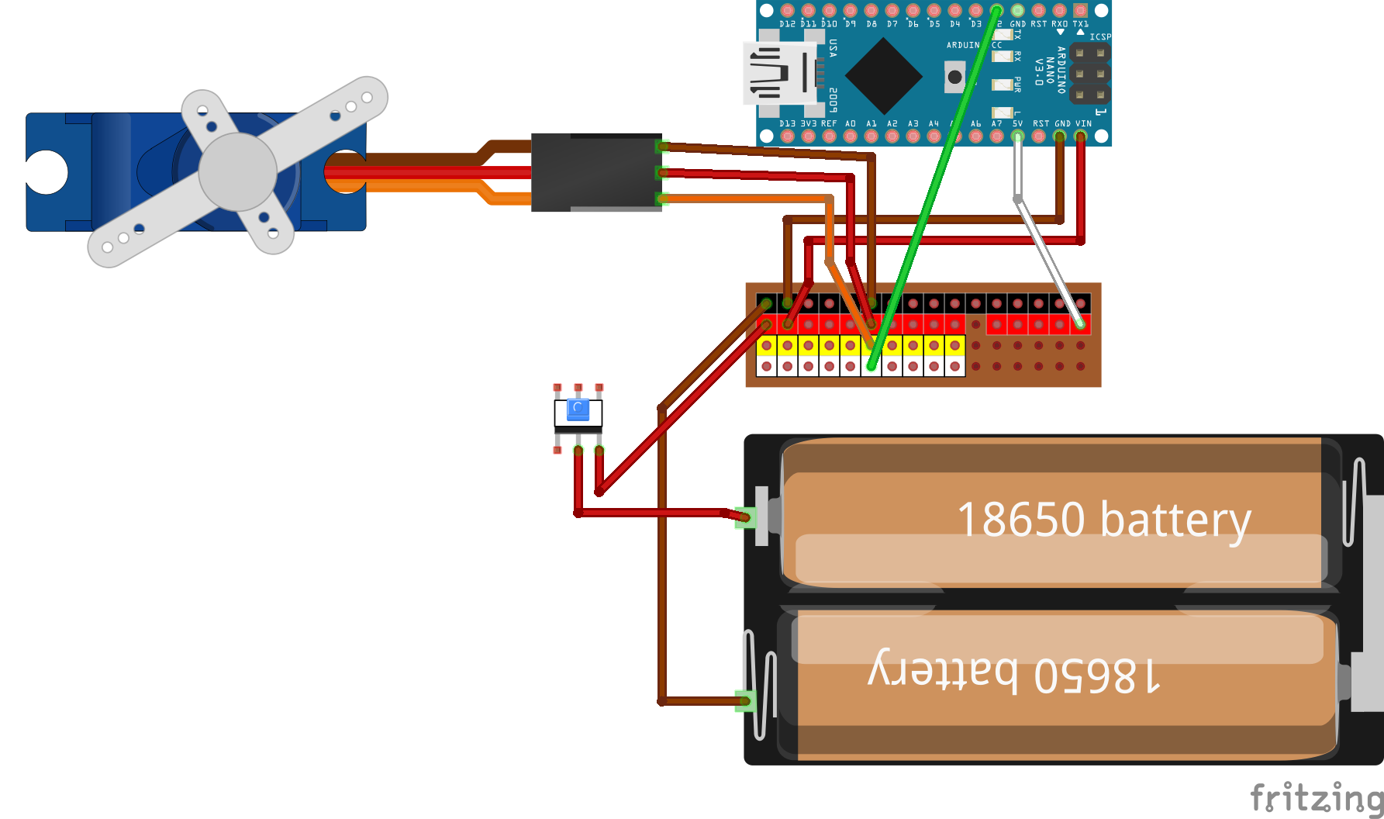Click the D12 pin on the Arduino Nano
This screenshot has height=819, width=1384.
click(788, 11)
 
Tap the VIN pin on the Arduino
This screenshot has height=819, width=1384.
click(1080, 136)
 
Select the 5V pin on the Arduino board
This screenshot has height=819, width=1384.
click(1017, 136)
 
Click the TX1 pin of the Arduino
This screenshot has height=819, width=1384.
click(1080, 11)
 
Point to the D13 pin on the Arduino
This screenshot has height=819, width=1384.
click(788, 136)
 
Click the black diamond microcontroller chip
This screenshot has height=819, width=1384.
click(883, 75)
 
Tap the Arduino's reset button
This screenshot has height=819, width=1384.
click(955, 77)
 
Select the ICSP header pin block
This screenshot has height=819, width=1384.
click(1089, 74)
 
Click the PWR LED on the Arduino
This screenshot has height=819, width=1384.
click(1003, 84)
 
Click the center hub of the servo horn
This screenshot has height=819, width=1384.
click(238, 171)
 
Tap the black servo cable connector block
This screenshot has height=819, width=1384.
click(595, 172)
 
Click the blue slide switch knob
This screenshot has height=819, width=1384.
click(578, 409)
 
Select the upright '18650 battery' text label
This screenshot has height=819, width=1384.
click(1103, 520)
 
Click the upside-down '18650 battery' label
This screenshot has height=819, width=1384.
click(1013, 673)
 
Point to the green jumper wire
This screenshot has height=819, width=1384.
click(930, 194)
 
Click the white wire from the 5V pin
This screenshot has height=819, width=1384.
click(1047, 256)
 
